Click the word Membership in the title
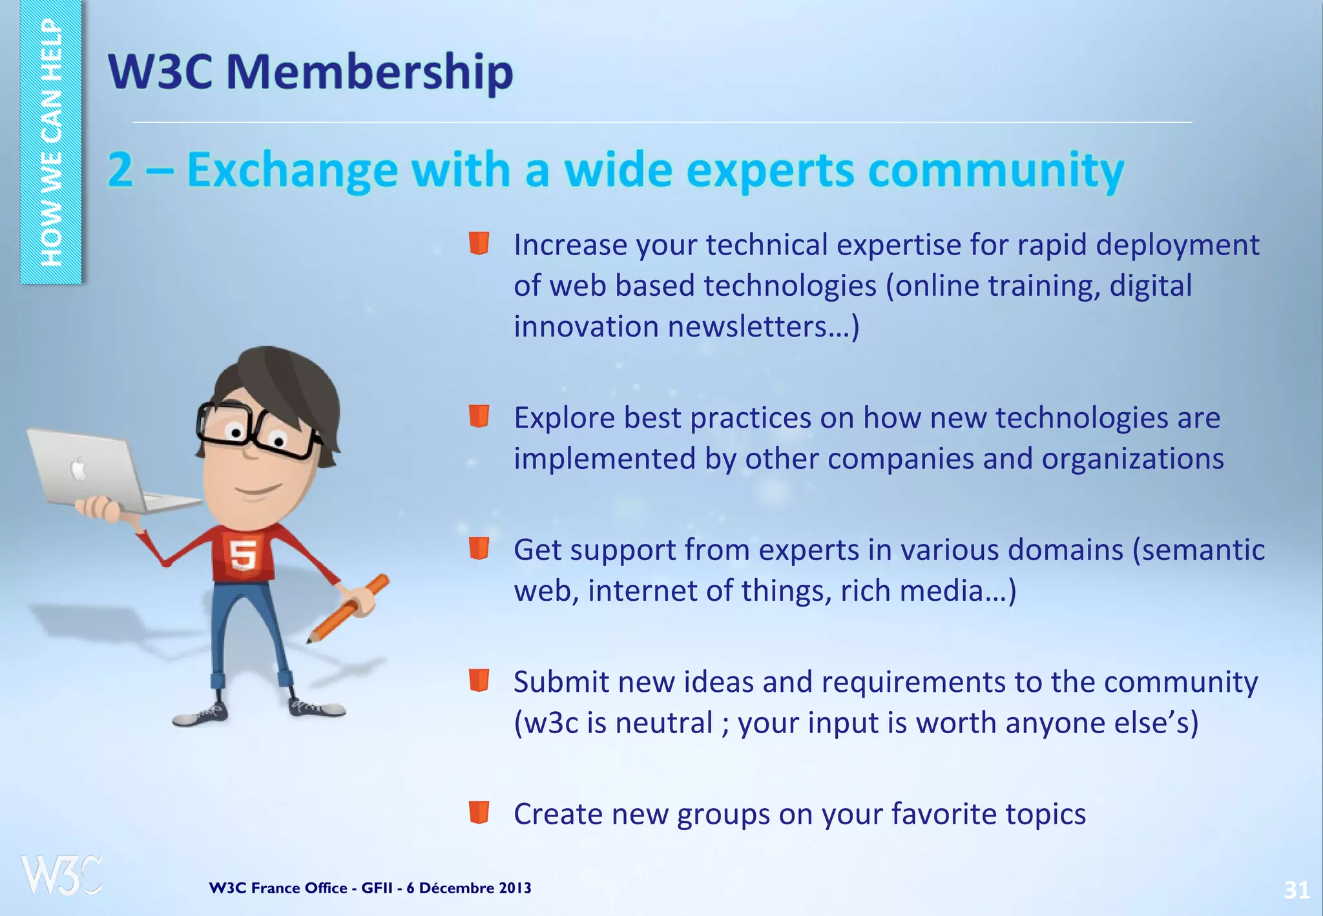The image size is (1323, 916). click(370, 72)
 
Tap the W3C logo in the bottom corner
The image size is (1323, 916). click(61, 875)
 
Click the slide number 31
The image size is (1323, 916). click(1296, 890)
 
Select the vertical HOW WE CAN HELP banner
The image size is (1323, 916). click(51, 142)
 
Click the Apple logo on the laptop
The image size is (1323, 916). click(78, 469)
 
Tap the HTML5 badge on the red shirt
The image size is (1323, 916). click(244, 554)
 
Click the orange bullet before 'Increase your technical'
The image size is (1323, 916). click(479, 244)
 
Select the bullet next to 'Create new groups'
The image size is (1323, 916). click(479, 812)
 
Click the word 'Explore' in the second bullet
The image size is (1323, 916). click(564, 418)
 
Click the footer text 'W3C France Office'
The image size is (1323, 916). click(278, 888)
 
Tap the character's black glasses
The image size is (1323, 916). click(255, 430)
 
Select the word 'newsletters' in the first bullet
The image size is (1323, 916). click(747, 327)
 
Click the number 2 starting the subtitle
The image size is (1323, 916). click(121, 171)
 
